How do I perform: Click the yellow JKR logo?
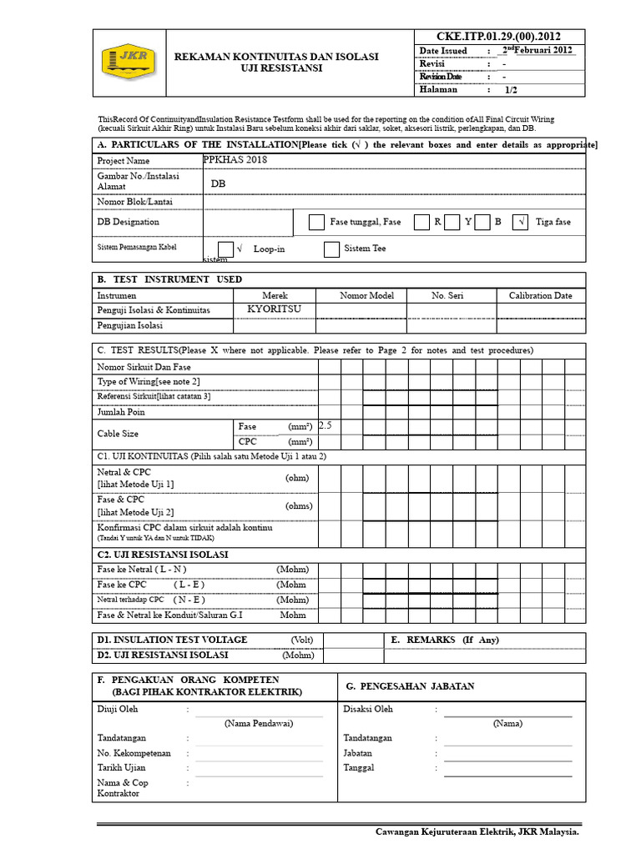(126, 63)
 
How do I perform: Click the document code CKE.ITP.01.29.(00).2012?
(498, 36)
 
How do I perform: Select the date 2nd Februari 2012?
(537, 51)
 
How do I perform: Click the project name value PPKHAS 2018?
(236, 159)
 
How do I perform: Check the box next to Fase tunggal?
(316, 222)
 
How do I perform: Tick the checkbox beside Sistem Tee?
(331, 249)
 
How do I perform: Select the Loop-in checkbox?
(226, 249)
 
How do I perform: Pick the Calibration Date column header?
(540, 295)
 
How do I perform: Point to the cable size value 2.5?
(326, 425)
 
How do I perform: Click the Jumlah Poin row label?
(121, 412)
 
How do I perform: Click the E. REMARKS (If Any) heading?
(455, 640)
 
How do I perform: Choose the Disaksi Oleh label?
(368, 710)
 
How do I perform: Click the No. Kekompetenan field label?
(134, 753)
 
